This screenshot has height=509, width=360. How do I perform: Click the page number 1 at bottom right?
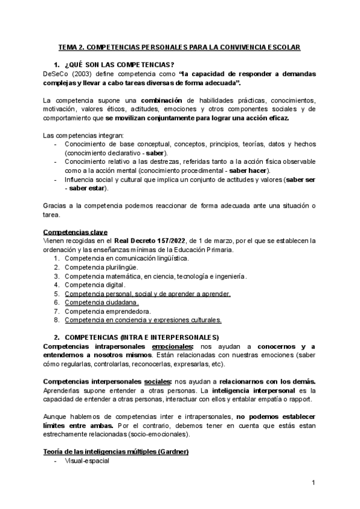coord(313,483)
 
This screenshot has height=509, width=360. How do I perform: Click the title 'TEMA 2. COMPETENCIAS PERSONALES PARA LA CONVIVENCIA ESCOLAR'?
coord(179,46)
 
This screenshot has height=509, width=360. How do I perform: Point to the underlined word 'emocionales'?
coord(173,346)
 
